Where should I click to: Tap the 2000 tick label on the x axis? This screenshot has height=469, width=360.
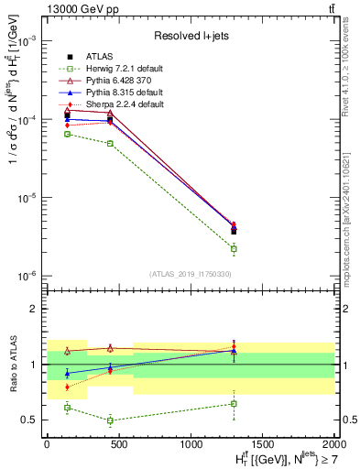click(x=333, y=443)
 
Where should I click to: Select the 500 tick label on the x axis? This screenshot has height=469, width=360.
click(x=118, y=443)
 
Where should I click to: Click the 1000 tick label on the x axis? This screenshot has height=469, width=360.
click(x=190, y=443)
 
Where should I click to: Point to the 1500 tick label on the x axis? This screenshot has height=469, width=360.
click(x=262, y=443)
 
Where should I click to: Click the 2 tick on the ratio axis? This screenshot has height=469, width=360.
click(x=34, y=309)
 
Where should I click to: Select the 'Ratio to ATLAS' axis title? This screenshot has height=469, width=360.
click(x=11, y=364)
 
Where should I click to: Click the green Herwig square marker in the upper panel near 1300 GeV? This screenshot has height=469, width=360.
click(x=234, y=248)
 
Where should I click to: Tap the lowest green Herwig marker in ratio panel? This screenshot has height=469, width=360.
click(x=110, y=420)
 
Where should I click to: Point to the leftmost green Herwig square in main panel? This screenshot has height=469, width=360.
click(x=67, y=134)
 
